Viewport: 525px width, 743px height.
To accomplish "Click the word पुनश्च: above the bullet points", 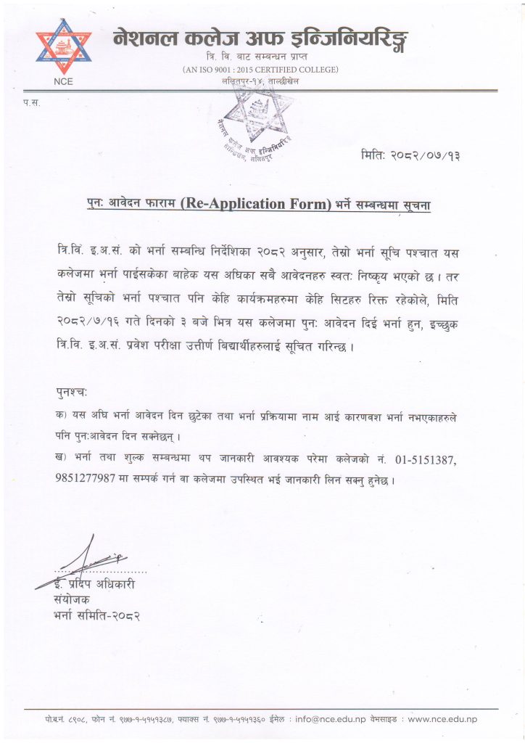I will click(71, 393).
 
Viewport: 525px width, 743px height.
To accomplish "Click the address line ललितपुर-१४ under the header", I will click(260, 82).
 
